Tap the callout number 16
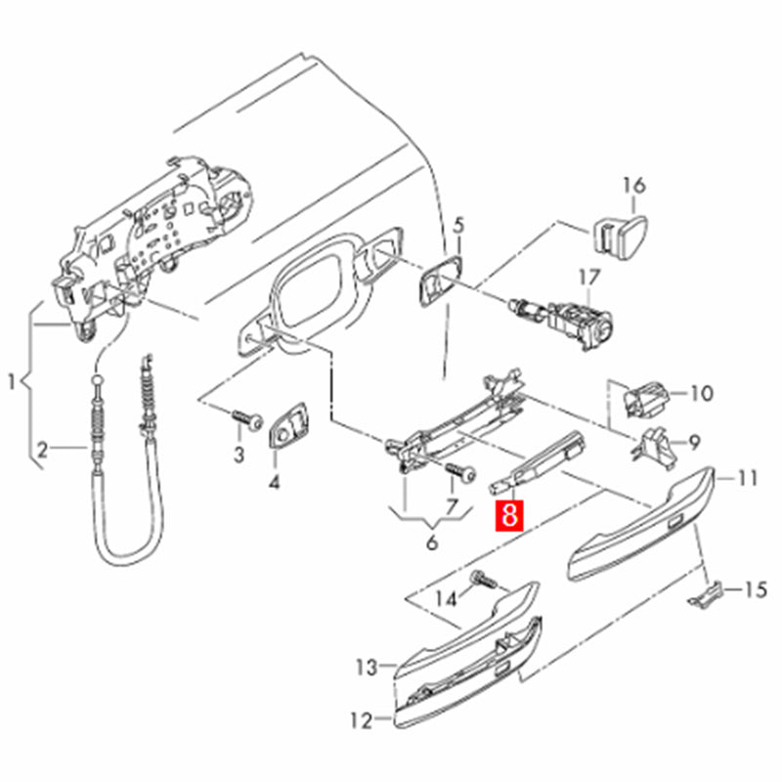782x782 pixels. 633,185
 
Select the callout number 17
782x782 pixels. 590,278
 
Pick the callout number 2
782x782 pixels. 42,451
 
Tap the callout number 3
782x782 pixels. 238,454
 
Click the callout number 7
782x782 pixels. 452,507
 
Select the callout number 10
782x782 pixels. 702,395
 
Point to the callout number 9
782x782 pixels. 695,441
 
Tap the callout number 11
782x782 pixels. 748,479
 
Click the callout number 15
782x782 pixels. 756,590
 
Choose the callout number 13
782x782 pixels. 366,669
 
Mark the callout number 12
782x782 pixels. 361,722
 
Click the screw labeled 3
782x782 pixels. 246,421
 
